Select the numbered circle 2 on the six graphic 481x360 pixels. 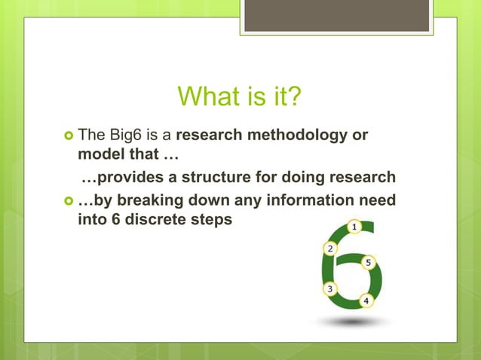coord(329,249)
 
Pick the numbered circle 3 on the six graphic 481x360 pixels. coord(329,288)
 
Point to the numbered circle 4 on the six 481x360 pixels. coord(366,301)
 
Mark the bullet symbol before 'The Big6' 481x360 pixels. coord(68,136)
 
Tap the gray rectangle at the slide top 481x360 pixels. coord(336,15)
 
